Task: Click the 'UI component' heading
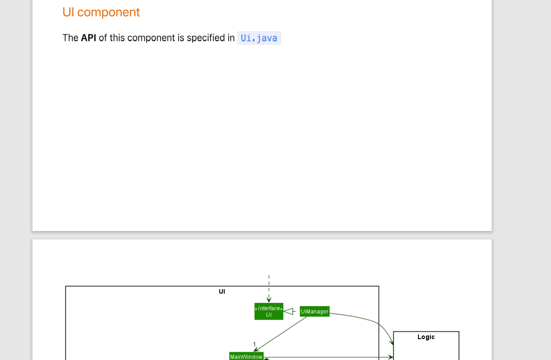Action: pyautogui.click(x=101, y=13)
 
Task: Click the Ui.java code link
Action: pyautogui.click(x=259, y=38)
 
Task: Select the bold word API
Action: pyautogui.click(x=89, y=38)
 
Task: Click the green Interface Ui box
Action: pyautogui.click(x=269, y=311)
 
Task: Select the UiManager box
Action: pyautogui.click(x=314, y=311)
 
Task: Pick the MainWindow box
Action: pyautogui.click(x=246, y=356)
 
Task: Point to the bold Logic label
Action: pyautogui.click(x=426, y=337)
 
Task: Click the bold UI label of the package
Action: pyautogui.click(x=222, y=291)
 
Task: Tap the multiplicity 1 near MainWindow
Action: pyautogui.click(x=254, y=344)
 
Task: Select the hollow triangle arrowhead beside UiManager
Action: pyautogui.click(x=288, y=311)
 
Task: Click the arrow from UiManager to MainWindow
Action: pyautogui.click(x=281, y=334)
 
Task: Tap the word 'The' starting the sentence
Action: pyautogui.click(x=70, y=38)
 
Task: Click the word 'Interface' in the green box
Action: pyautogui.click(x=269, y=308)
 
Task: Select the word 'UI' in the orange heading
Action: pyautogui.click(x=68, y=13)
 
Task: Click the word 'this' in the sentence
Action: pyautogui.click(x=117, y=38)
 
